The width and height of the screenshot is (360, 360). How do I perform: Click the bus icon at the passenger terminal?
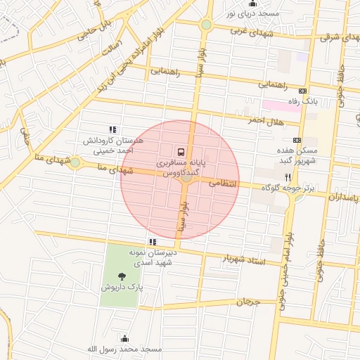[x=181, y=151]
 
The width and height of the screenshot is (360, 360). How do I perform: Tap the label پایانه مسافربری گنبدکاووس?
[x=181, y=167]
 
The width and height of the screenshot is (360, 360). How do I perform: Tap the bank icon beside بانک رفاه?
[x=303, y=91]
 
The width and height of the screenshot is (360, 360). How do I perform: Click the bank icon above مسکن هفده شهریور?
[x=297, y=140]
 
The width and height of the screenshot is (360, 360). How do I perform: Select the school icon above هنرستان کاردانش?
[x=112, y=129]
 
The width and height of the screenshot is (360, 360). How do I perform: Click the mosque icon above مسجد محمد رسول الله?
[x=125, y=338]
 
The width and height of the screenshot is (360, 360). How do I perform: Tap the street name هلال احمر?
[x=265, y=120]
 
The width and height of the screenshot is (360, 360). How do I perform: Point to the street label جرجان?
[x=247, y=302]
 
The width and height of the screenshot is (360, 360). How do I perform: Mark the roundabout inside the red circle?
[x=186, y=178]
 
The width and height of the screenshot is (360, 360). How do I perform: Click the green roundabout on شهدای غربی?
[x=206, y=25]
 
